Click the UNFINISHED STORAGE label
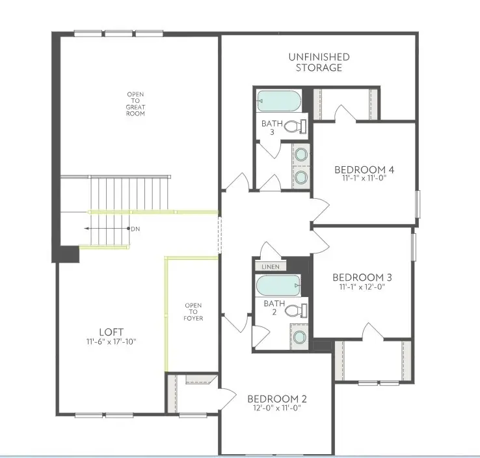[319, 63]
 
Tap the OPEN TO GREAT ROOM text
[136, 104]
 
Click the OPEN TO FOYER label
[194, 312]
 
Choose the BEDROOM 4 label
[364, 170]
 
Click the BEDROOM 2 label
[276, 399]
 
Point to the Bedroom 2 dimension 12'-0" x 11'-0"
[276, 409]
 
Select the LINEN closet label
[270, 267]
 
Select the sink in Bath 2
[300, 337]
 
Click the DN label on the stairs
[135, 229]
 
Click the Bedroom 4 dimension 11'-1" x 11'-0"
[364, 178]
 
